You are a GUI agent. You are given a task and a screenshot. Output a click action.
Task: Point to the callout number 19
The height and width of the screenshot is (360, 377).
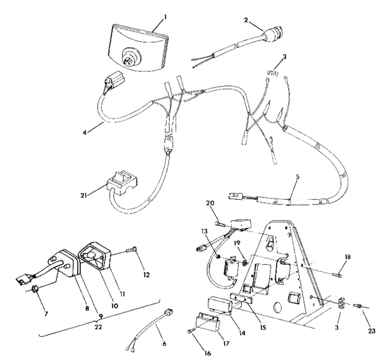(237, 243)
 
